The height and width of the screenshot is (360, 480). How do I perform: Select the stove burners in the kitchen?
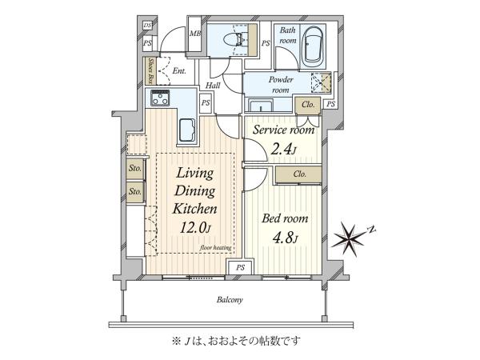[160, 98]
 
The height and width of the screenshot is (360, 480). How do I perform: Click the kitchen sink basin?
[186, 130]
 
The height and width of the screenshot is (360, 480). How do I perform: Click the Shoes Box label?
[150, 71]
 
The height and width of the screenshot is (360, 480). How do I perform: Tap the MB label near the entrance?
[194, 34]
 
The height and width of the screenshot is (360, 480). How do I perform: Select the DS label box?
[147, 26]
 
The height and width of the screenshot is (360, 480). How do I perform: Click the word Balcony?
[230, 300]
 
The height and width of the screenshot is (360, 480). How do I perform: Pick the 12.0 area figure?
[195, 228]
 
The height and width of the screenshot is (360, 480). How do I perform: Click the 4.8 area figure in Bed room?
[285, 238]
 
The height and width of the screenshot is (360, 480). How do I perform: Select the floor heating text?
[215, 247]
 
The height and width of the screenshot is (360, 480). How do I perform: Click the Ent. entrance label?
[179, 71]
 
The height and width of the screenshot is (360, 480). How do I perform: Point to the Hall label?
[213, 85]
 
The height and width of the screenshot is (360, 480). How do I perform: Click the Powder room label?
[281, 85]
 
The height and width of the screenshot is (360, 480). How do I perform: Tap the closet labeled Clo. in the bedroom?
[298, 174]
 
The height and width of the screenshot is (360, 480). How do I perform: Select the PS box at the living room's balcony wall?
[240, 267]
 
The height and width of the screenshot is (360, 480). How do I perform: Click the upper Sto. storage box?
[135, 169]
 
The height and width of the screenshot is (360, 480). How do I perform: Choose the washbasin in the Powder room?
[261, 106]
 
